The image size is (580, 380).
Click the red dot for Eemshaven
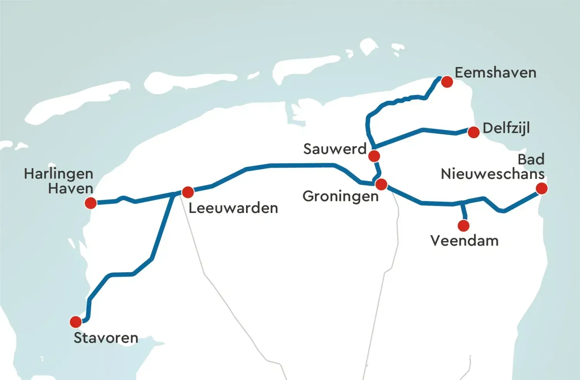pos(447,82)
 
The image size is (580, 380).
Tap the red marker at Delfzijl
pos(473,132)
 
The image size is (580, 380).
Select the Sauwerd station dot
pos(374,156)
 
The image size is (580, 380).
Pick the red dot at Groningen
pos(381,184)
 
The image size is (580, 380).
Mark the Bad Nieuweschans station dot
pos(542,188)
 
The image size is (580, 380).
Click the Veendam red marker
pos(463,226)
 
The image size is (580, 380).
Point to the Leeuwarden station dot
pos(188,192)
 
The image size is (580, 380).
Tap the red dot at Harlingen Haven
pos(90,203)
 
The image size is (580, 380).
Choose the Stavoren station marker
pos(76,322)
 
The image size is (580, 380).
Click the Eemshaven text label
pos(495,73)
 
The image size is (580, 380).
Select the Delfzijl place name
pos(506,128)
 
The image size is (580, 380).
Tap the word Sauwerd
pos(335,149)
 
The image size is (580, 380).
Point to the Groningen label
pos(340,196)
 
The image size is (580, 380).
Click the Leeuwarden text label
pos(233,208)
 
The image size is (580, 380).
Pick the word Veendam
pos(464,241)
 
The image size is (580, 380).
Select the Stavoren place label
pos(106,338)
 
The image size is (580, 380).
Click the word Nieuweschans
pos(493,174)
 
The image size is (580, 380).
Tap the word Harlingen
pos(59,174)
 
